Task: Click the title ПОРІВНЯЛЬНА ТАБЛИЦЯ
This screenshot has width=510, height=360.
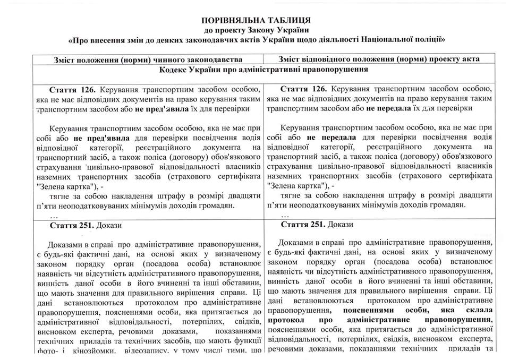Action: (256, 19)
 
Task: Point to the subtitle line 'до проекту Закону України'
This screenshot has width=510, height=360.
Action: (256, 29)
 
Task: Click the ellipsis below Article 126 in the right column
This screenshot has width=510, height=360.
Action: (285, 216)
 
